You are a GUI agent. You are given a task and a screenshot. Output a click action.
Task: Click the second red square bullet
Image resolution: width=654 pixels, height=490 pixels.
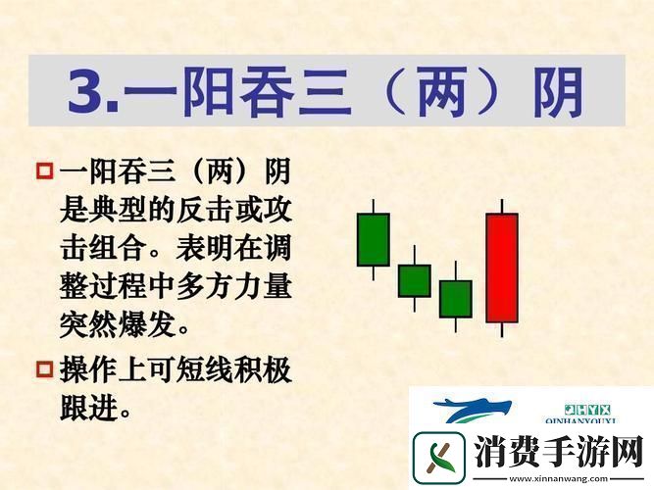[x=44, y=368]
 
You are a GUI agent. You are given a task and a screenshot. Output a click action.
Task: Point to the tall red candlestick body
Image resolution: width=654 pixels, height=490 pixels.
[x=501, y=268]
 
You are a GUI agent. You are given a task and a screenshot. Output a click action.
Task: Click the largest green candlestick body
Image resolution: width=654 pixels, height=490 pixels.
[x=373, y=238]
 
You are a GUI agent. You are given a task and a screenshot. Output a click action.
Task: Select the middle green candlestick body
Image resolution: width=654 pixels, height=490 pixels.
[x=414, y=280]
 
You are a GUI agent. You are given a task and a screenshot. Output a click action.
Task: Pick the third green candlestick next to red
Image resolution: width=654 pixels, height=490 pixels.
[x=455, y=299]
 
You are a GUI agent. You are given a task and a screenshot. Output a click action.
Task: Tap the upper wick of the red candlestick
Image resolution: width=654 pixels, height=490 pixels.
[x=501, y=206]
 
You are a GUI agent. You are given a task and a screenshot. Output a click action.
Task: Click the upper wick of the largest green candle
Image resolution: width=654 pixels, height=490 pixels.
[x=373, y=206]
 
